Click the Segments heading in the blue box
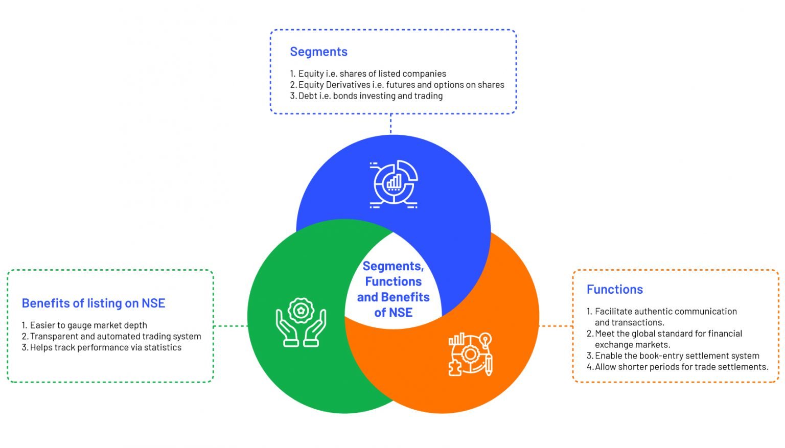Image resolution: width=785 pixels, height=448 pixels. [318, 52]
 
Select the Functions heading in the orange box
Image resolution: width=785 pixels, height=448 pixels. [614, 289]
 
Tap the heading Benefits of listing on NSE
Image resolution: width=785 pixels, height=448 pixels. [94, 303]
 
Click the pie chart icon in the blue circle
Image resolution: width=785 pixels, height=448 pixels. [394, 184]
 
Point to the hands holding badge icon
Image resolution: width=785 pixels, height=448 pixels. [301, 323]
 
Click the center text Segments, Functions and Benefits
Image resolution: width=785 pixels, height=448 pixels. [393, 289]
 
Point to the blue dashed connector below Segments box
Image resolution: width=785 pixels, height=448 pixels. [391, 124]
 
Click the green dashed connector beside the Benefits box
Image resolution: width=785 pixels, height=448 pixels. [230, 325]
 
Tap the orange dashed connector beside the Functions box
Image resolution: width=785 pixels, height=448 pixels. [556, 325]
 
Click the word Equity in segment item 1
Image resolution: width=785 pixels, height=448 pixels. [311, 74]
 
